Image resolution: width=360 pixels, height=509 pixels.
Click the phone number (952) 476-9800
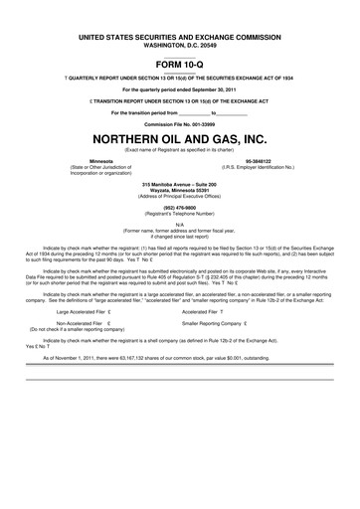pyautogui.click(x=180, y=208)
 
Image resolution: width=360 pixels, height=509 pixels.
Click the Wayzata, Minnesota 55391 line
pyautogui.click(x=180, y=192)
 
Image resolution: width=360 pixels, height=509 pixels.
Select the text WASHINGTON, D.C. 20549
pyautogui.click(x=180, y=43)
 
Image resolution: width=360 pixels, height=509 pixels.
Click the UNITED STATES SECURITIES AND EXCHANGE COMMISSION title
pyautogui.click(x=180, y=36)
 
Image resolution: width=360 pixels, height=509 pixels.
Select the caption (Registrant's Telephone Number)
pyautogui.click(x=180, y=214)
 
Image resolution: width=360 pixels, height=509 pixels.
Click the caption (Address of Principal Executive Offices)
pyautogui.click(x=180, y=198)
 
